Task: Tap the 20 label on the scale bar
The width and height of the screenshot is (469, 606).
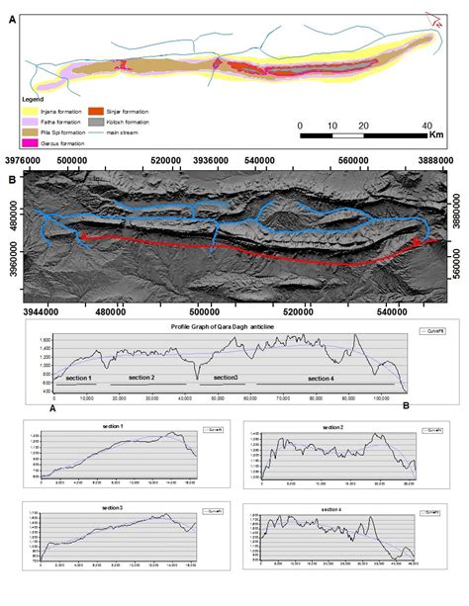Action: coord(363,127)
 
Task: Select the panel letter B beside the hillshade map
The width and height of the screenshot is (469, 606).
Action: coord(11,180)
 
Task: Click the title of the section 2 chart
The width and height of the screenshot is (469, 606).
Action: coord(340,426)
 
